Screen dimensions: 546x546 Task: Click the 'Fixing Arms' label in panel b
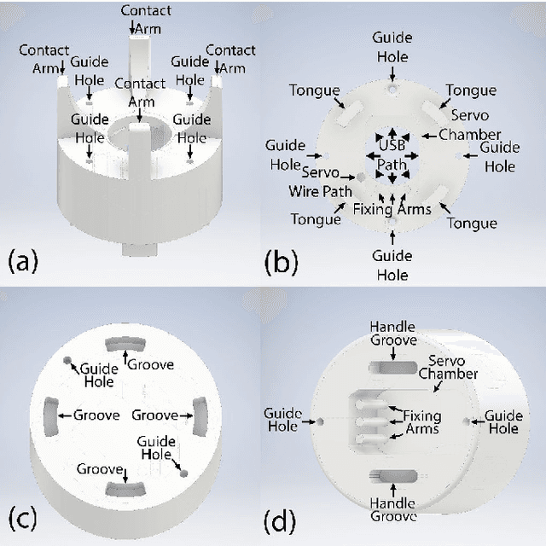tap(392, 208)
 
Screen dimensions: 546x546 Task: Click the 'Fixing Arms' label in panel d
tap(421, 421)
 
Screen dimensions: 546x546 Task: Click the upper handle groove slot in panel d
tap(392, 365)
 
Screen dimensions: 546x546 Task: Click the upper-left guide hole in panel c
tap(67, 362)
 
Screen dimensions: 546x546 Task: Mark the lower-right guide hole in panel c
tap(183, 470)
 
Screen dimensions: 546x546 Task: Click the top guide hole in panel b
tap(392, 88)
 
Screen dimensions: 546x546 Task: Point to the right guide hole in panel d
tap(466, 421)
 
